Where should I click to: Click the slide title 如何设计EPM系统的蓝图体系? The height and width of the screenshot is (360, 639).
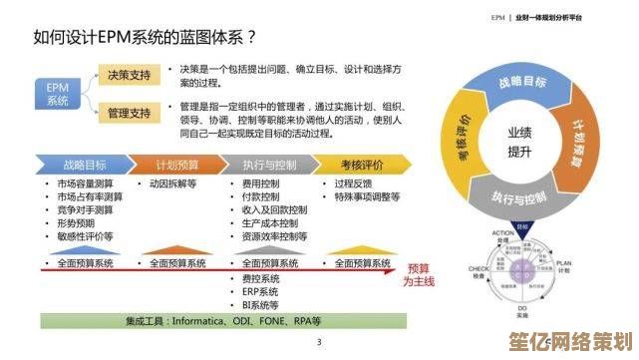pyautogui.click(x=146, y=39)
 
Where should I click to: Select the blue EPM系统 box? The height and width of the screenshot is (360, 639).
pyautogui.click(x=58, y=94)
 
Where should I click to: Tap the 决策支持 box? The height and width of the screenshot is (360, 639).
pyautogui.click(x=129, y=76)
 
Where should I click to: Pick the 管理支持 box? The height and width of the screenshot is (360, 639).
pyautogui.click(x=129, y=113)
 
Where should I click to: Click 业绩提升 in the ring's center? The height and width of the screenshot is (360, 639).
pyautogui.click(x=519, y=141)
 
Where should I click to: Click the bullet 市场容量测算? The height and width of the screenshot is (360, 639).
pyautogui.click(x=85, y=184)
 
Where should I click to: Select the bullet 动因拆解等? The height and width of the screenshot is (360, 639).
pyautogui.click(x=173, y=184)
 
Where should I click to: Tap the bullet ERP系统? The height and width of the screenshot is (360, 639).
pyautogui.click(x=260, y=291)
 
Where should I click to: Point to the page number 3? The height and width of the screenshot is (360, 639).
pyautogui.click(x=319, y=343)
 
